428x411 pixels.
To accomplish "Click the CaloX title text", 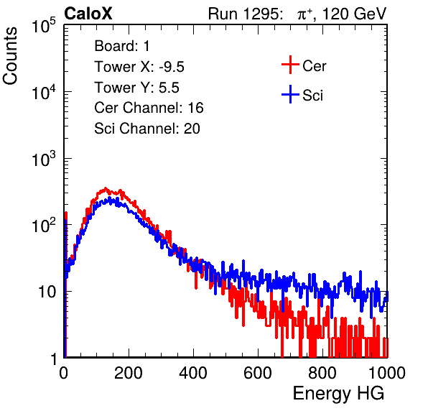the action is point(88,14).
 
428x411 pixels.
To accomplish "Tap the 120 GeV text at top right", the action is point(355,14).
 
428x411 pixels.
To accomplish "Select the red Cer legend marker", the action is point(290,65).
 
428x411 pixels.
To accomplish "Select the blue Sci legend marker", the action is point(290,94).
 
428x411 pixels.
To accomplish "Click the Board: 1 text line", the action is point(122,46).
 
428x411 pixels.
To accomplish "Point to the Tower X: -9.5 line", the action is point(139,67).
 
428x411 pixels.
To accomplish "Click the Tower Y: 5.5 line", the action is point(136,88).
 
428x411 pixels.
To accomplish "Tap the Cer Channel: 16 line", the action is point(149,108).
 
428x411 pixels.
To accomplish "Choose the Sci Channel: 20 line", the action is point(147,129).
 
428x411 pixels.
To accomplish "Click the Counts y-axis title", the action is point(10,56).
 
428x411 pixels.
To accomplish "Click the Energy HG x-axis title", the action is point(338,394).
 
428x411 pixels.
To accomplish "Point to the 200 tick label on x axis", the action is point(129,373).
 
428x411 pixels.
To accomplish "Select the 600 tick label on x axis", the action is point(258,373).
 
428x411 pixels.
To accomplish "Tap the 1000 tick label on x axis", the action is point(387,373).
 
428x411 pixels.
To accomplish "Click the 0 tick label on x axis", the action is point(63,373).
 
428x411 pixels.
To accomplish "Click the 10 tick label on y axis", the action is point(47,292).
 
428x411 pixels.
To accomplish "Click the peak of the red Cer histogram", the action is point(106,188).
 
